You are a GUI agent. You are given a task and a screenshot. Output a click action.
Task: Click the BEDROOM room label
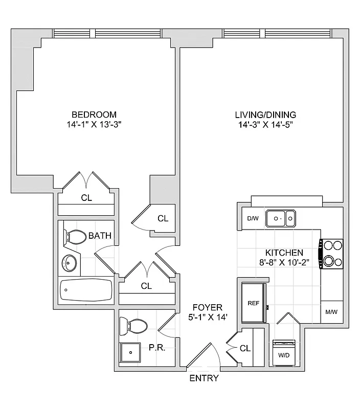tap(94, 115)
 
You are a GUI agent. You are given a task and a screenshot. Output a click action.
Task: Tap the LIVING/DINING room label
tap(265, 115)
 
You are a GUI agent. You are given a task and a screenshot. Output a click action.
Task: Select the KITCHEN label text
tap(284, 253)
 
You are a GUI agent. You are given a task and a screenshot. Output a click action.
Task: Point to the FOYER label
tap(207, 307)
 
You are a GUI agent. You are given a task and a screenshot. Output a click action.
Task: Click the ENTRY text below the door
tap(204, 378)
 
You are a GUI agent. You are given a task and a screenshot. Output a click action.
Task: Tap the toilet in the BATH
tap(76, 237)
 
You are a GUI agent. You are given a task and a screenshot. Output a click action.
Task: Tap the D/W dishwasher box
tap(253, 219)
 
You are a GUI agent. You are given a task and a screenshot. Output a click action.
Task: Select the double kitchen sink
tap(281, 219)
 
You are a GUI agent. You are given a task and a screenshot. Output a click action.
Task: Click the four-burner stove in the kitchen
tap(331, 254)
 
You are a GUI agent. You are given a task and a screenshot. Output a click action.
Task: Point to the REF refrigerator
tap(253, 303)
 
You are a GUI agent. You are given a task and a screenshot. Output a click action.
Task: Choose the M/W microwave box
tap(331, 312)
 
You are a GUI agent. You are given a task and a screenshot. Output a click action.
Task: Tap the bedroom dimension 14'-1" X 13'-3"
tap(94, 124)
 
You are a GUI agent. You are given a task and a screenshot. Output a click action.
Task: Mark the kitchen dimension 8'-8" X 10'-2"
tap(284, 262)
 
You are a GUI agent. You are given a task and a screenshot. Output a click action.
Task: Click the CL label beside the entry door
tap(245, 348)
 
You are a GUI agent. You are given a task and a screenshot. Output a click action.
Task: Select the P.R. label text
tap(156, 347)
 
